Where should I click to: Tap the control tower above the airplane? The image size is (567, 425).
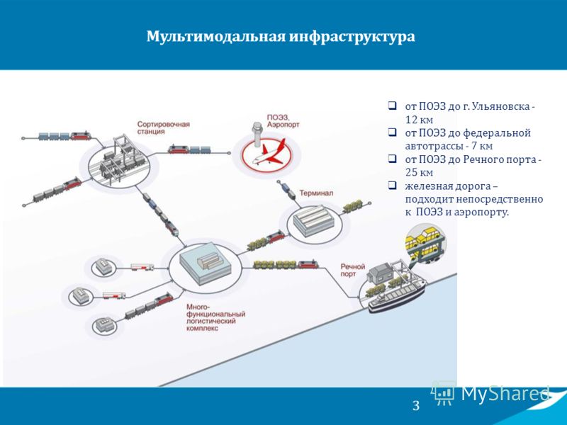(x=257, y=135)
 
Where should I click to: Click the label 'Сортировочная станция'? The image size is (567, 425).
(x=164, y=128)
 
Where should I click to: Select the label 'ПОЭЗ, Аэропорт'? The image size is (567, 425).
(x=283, y=121)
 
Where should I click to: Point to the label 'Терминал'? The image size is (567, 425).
(x=316, y=193)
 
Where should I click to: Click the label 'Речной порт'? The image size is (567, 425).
(x=352, y=270)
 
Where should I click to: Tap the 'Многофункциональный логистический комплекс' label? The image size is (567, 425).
(x=215, y=317)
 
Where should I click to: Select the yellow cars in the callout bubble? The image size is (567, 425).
(x=425, y=239)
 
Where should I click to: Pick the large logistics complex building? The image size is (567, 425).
(x=205, y=263)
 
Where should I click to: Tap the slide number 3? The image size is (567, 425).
(x=416, y=405)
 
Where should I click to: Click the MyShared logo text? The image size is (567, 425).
(x=505, y=393)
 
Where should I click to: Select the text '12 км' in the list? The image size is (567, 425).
(x=419, y=120)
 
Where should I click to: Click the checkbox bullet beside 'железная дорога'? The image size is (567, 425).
(x=392, y=186)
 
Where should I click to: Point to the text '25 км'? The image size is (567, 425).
(x=419, y=172)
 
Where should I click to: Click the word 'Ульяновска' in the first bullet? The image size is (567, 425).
(x=501, y=107)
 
